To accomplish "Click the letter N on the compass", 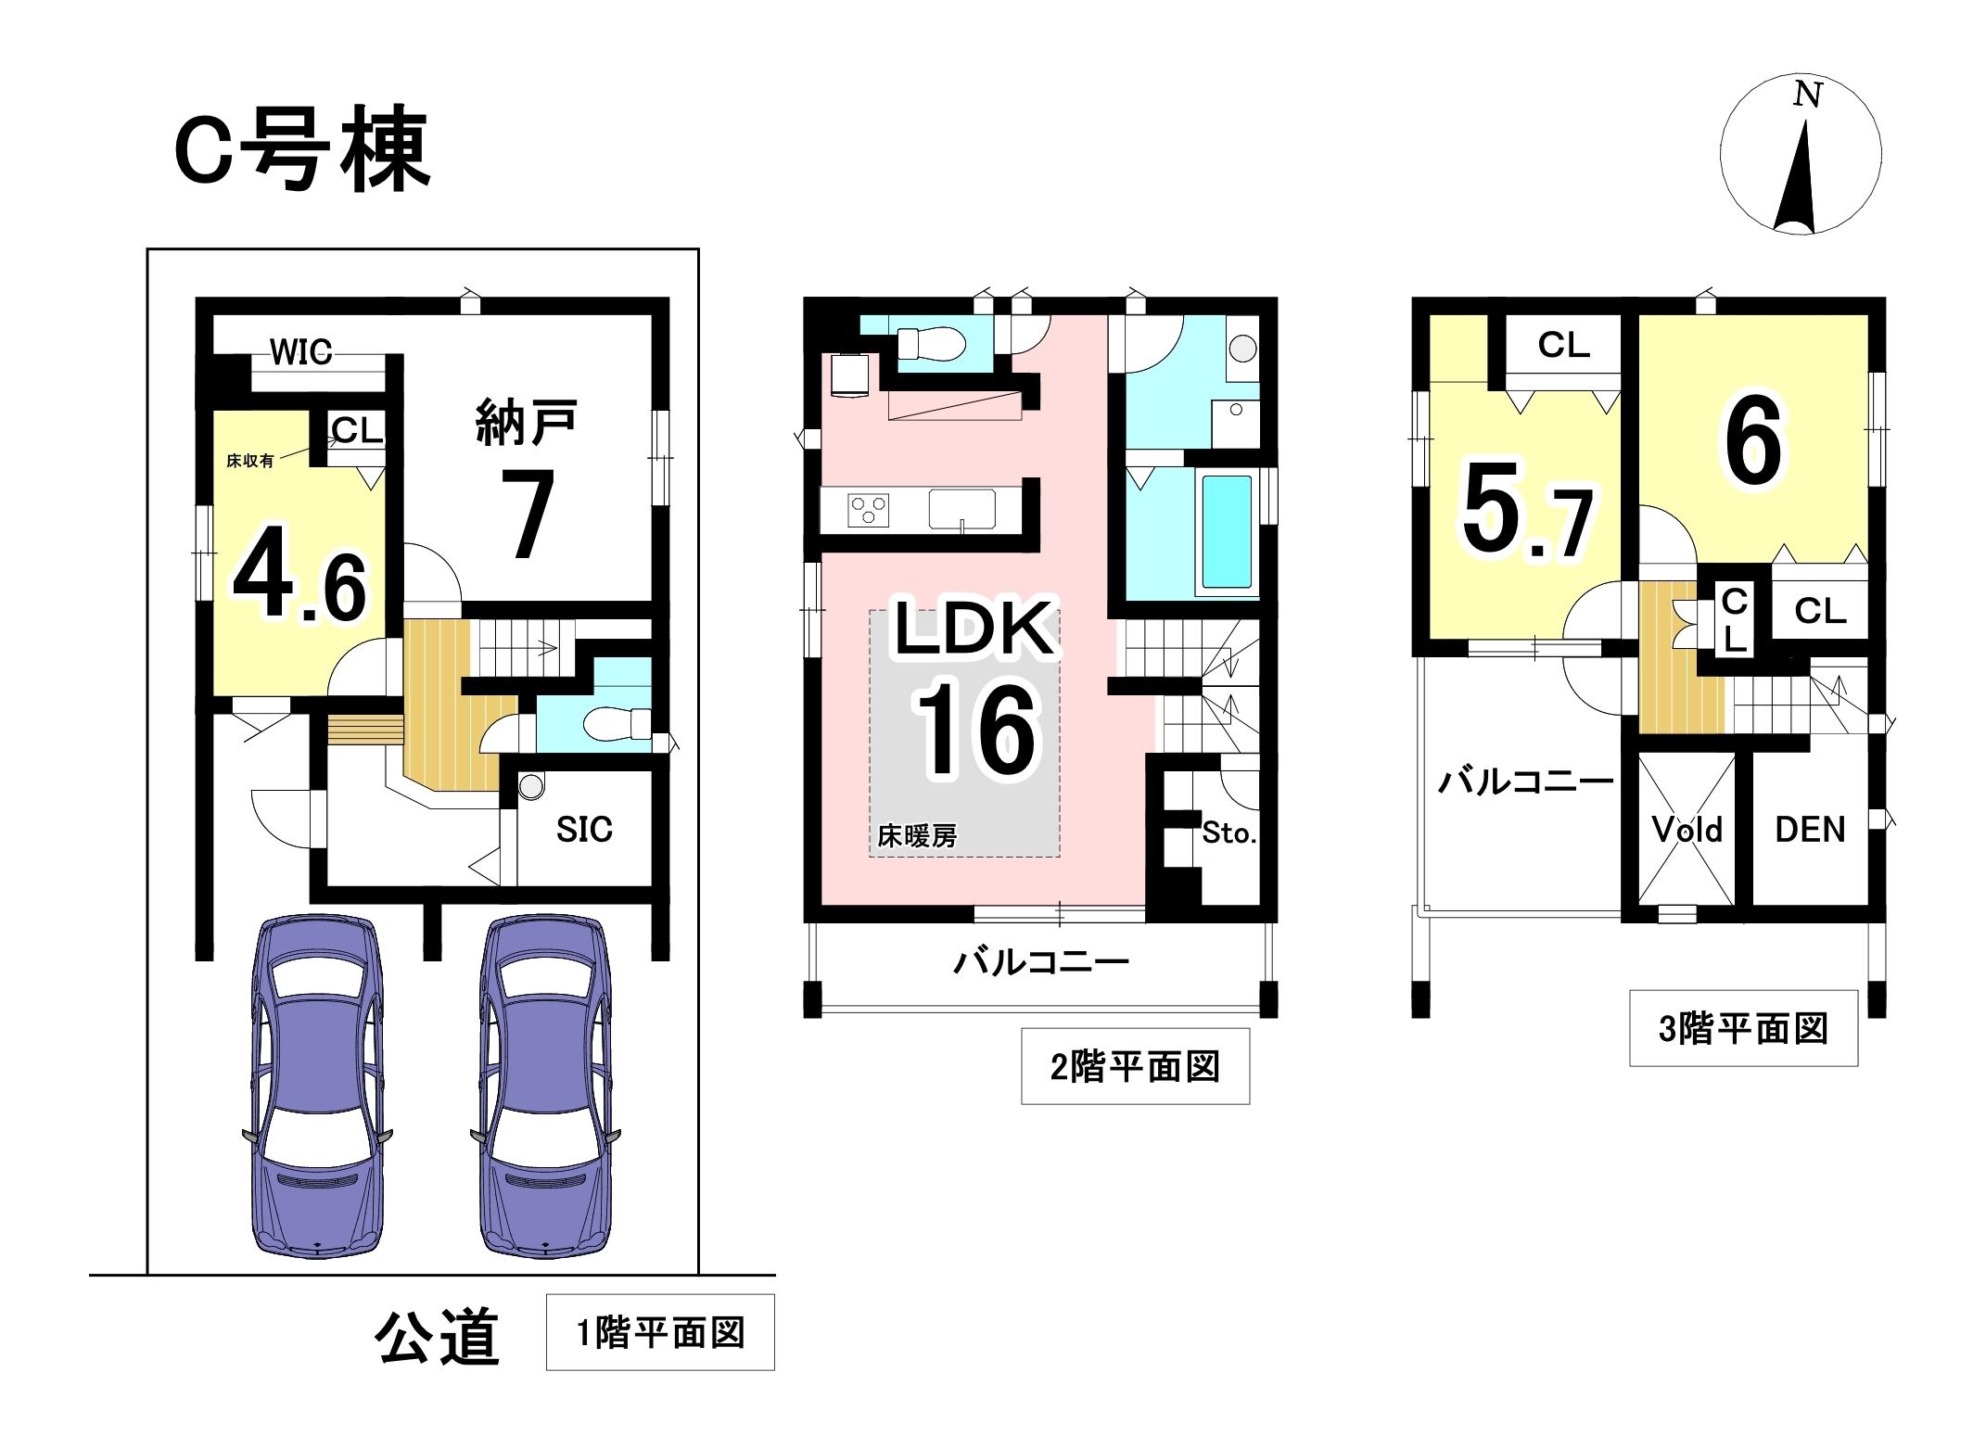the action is (x=1808, y=95).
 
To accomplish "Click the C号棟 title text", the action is (x=302, y=149).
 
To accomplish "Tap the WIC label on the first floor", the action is (x=301, y=352).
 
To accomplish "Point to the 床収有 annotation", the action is (x=250, y=461).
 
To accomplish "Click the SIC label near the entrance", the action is (x=584, y=829).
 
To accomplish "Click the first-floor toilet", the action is (x=616, y=723).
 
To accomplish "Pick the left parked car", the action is (x=317, y=1086).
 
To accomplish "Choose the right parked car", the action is (x=545, y=1086).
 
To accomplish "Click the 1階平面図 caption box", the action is (x=660, y=1332).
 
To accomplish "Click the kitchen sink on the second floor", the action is (x=962, y=509).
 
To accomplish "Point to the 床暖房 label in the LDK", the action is (x=917, y=836).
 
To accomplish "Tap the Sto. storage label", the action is (x=1229, y=832).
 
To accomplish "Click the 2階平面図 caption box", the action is (x=1135, y=1066).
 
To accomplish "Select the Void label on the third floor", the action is (x=1687, y=829).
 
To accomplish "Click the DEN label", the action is (x=1810, y=829).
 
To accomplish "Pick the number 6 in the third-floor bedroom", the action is (x=1753, y=439).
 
